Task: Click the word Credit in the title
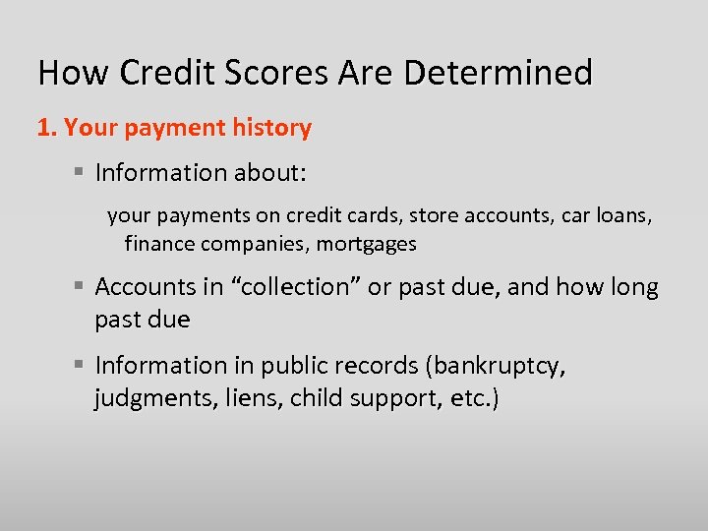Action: pos(158,73)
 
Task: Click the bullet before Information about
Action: pos(79,173)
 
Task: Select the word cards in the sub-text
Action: pos(377,214)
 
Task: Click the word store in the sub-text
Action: pos(434,214)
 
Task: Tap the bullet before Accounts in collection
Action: pos(79,287)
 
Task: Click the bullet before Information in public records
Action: pos(79,366)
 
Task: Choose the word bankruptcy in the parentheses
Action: pos(497,367)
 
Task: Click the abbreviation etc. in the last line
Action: pos(472,400)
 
